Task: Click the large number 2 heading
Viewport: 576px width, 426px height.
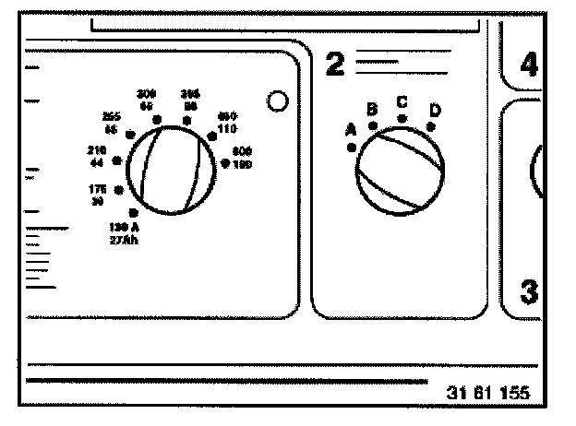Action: tap(334, 64)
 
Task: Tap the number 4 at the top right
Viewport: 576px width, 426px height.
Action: tap(528, 65)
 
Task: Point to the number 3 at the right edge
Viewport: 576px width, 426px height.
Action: tap(528, 292)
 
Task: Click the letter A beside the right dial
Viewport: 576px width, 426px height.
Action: tap(351, 130)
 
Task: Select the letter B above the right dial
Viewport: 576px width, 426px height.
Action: tap(372, 109)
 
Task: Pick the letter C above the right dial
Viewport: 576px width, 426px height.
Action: tap(402, 101)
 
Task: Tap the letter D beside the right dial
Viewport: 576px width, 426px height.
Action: tap(434, 111)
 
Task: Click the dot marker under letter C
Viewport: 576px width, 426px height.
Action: tap(402, 119)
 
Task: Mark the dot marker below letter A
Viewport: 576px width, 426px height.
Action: tap(352, 147)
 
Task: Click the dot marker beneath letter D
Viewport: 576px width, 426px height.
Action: tap(431, 126)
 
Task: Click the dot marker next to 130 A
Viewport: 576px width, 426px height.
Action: tap(135, 213)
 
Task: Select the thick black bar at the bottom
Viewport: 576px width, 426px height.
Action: tap(227, 381)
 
